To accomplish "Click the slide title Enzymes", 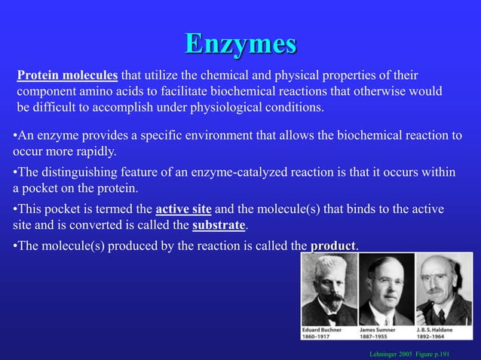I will point(240,43).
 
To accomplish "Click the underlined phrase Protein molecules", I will point(68,76).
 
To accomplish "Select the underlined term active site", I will point(183,209).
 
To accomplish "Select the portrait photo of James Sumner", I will point(386,289).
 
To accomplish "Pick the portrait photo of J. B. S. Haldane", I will point(443,289).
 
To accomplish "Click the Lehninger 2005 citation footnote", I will point(421,352).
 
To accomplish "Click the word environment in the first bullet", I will point(215,136).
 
